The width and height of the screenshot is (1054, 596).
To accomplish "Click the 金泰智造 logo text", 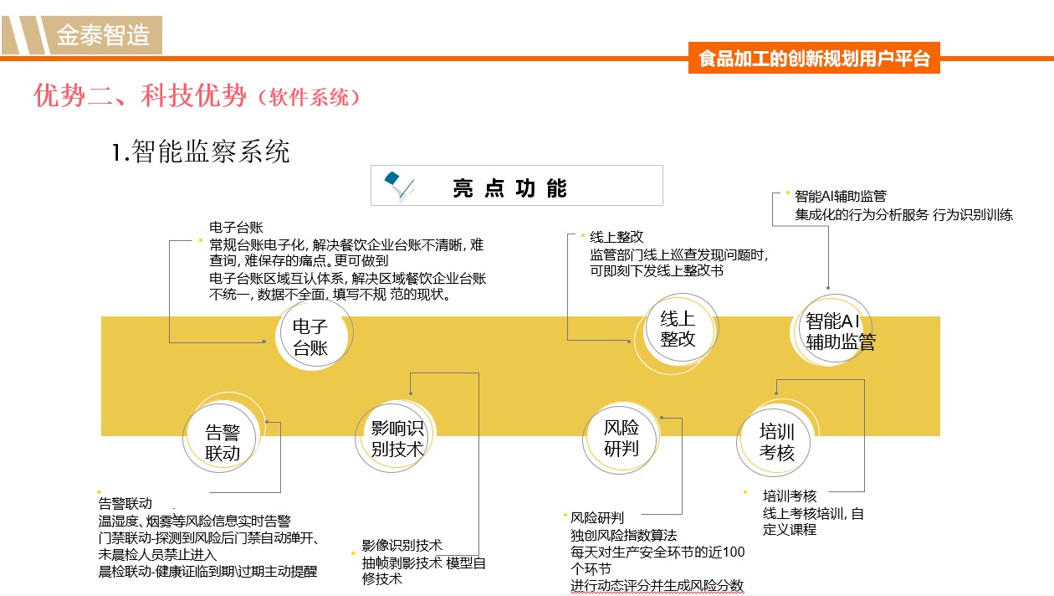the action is pyautogui.click(x=103, y=35).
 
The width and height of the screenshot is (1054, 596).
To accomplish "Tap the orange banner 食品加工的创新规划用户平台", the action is pyautogui.click(x=814, y=58).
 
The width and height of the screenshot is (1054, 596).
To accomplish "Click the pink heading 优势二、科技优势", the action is pyautogui.click(x=140, y=95).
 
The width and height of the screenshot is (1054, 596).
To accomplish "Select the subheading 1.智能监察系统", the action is pyautogui.click(x=201, y=152).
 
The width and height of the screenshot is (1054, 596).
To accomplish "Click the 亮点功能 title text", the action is pyautogui.click(x=509, y=188).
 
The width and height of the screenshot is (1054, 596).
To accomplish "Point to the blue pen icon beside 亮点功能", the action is pyautogui.click(x=398, y=186).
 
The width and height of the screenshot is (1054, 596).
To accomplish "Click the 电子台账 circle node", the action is pyautogui.click(x=314, y=335).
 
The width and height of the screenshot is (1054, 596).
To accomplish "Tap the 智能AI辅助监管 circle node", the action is pyautogui.click(x=831, y=330).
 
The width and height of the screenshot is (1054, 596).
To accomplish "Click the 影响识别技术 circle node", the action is pyautogui.click(x=394, y=437).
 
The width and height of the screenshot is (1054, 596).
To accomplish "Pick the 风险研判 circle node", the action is pyautogui.click(x=620, y=438).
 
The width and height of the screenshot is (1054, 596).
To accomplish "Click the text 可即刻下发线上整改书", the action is pyautogui.click(x=657, y=270).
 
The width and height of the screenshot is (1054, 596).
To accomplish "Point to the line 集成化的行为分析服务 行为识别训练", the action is pyautogui.click(x=903, y=214).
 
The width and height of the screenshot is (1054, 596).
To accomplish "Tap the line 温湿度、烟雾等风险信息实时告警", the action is pyautogui.click(x=194, y=521).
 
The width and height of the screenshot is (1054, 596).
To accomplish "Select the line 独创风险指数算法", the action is pyautogui.click(x=623, y=535).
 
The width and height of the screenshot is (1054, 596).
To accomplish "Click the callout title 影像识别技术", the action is pyautogui.click(x=402, y=545).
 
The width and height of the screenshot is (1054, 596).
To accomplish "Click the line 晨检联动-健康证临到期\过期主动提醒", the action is pyautogui.click(x=207, y=572).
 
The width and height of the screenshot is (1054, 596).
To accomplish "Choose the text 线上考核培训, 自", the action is pyautogui.click(x=813, y=513).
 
